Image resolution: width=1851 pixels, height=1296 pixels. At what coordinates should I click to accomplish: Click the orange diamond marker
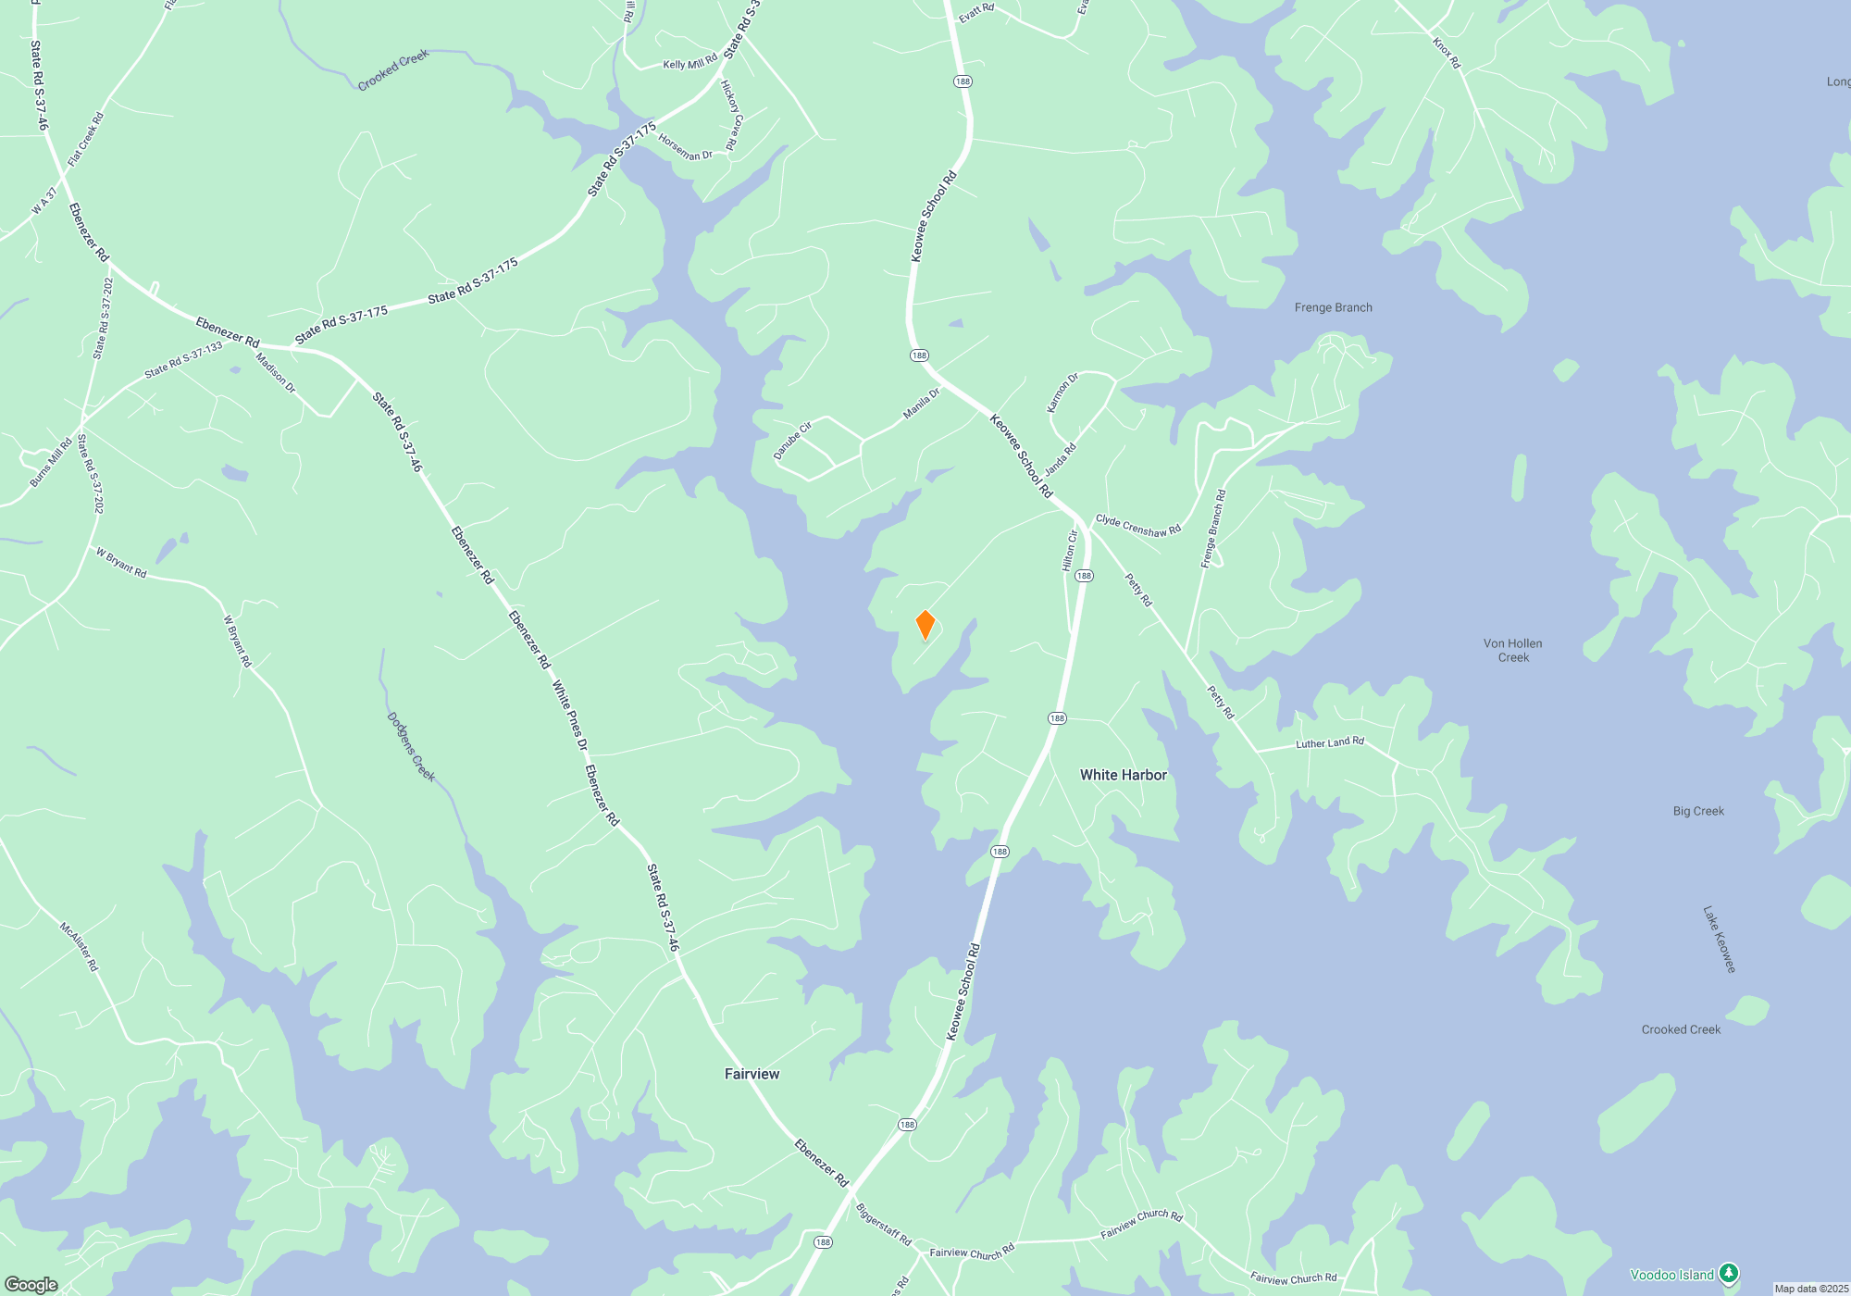pos(925,625)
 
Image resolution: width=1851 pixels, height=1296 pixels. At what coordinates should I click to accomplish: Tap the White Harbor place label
pos(1123,775)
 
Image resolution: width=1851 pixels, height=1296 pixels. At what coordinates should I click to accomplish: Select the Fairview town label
pos(752,1074)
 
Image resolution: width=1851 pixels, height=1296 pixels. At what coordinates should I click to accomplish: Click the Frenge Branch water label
pos(1333,307)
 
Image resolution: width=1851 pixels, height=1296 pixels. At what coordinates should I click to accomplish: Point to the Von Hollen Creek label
pos(1512,650)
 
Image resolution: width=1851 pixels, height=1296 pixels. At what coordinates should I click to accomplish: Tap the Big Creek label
pos(1698,811)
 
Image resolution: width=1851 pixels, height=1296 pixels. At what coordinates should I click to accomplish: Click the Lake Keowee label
pos(1719,939)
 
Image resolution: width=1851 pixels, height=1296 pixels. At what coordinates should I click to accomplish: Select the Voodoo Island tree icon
pos(1728,1275)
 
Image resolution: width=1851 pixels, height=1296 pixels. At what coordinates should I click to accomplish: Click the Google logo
pos(31,1284)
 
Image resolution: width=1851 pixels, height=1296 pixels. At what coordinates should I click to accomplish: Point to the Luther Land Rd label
pos(1329,742)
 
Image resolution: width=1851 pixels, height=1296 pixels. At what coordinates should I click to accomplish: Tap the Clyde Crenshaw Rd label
pos(1137,526)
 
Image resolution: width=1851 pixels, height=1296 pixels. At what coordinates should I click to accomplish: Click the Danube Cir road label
pos(792,441)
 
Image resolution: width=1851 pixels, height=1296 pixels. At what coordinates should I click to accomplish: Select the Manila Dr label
pos(921,404)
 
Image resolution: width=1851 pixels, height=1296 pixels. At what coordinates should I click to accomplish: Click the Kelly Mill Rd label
pos(689,63)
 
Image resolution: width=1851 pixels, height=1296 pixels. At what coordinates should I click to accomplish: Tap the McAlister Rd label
pos(79,946)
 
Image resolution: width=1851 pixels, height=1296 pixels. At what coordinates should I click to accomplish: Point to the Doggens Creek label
pos(411,747)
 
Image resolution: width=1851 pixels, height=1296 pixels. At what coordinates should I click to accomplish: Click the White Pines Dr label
pos(569,716)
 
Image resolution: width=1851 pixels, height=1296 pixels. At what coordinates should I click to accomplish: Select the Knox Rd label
pos(1446,54)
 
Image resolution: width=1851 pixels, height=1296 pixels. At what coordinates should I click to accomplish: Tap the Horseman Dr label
pos(685,147)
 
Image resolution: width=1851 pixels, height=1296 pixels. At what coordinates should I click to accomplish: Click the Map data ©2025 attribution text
pos(1811,1289)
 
